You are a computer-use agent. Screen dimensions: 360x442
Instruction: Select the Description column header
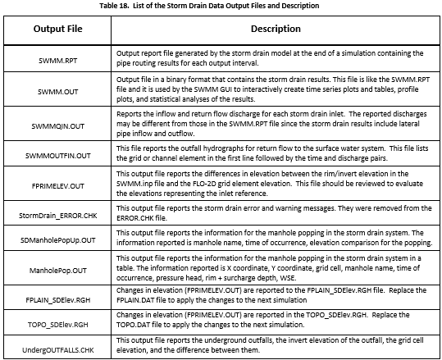pos(276,29)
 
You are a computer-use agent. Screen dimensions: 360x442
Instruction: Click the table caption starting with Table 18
pos(221,5)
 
